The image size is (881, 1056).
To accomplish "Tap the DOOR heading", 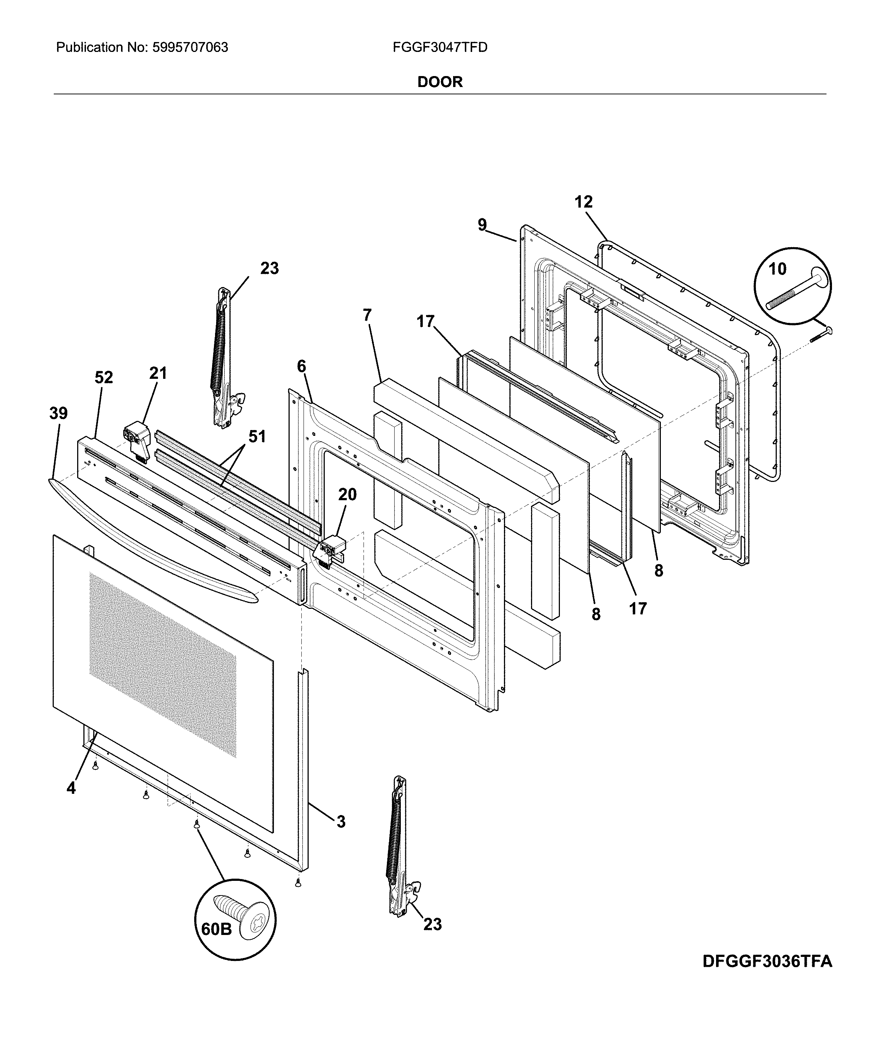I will point(440,82).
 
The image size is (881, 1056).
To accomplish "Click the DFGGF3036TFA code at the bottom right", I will point(767,961).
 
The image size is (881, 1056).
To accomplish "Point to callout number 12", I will point(583,202).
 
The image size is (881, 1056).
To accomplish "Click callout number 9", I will point(482,225).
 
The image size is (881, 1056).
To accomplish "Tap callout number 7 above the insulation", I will point(367,315).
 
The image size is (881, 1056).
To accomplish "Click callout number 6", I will point(301,367).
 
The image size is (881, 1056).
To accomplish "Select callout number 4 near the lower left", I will point(71,788).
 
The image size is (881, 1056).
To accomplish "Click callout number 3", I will point(340,822).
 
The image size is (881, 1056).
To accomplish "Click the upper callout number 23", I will point(269,268).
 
